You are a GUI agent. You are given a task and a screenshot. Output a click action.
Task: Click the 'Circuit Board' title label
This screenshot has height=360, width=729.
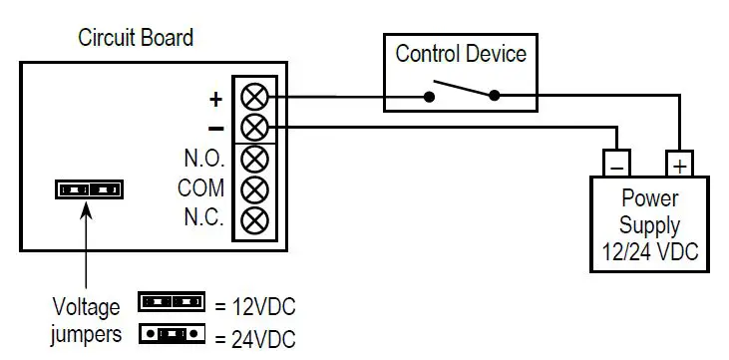pyautogui.click(x=136, y=39)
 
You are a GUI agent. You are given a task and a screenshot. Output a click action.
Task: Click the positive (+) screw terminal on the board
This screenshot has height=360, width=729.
pyautogui.click(x=255, y=97)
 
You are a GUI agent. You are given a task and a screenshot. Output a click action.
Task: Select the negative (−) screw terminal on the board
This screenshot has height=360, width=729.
pyautogui.click(x=255, y=127)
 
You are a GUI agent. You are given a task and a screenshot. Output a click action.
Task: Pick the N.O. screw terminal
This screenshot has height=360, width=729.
pyautogui.click(x=255, y=158)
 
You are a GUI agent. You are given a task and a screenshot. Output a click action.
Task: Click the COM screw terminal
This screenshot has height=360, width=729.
pyautogui.click(x=255, y=187)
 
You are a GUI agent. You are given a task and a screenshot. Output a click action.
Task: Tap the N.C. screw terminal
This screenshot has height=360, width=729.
pyautogui.click(x=255, y=217)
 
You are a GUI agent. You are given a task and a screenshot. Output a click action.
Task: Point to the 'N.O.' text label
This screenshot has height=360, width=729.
pyautogui.click(x=203, y=159)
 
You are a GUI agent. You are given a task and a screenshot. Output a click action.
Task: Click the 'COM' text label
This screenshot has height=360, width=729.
pyautogui.click(x=200, y=188)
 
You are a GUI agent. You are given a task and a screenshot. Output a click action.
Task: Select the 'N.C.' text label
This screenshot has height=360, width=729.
pyautogui.click(x=203, y=218)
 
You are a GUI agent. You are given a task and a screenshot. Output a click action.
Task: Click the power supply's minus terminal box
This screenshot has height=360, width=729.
pyautogui.click(x=617, y=162)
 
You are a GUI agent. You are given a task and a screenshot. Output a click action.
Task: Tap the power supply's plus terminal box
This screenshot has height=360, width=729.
pyautogui.click(x=680, y=162)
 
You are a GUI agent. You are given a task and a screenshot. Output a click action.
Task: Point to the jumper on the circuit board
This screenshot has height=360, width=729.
pyautogui.click(x=89, y=188)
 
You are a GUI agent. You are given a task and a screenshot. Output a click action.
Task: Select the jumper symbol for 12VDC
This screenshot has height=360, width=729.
pyautogui.click(x=172, y=301)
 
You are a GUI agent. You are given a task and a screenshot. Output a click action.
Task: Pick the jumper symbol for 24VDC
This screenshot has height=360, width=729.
pyautogui.click(x=172, y=332)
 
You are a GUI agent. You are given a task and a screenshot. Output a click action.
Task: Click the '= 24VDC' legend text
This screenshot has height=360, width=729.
pyautogui.click(x=254, y=335)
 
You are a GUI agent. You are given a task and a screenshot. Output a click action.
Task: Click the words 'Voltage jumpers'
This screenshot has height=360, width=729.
pyautogui.click(x=86, y=320)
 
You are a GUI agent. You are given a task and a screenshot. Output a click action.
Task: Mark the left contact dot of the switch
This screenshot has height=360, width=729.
pyautogui.click(x=429, y=97)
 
